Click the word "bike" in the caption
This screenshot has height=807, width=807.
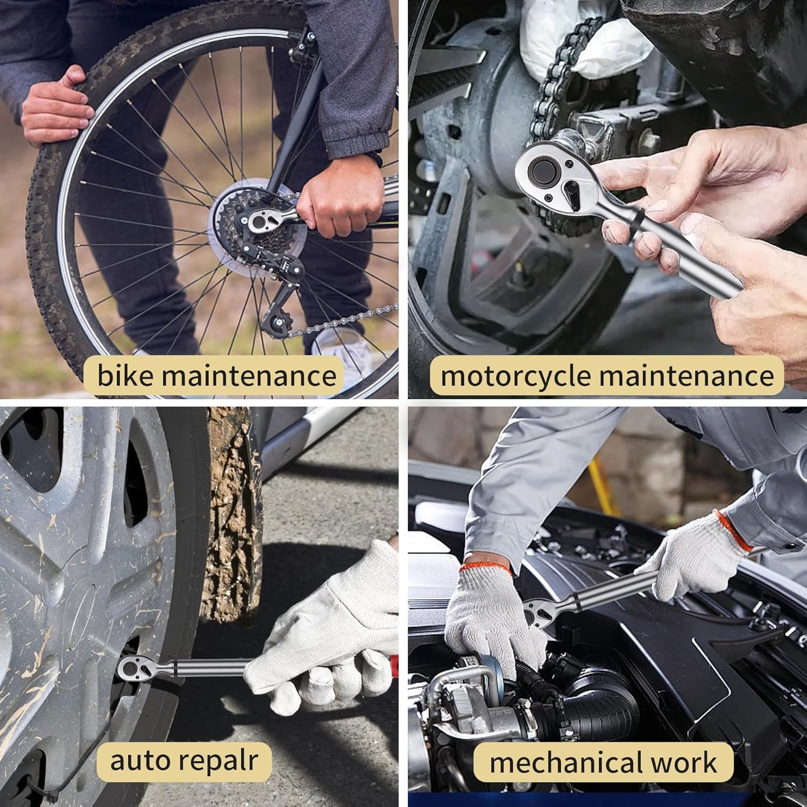[x=125, y=374]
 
